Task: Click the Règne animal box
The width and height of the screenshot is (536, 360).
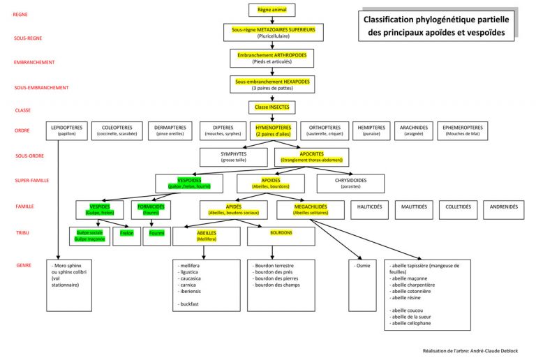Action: coord(271,10)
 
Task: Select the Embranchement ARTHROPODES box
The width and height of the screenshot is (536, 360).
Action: coord(271,58)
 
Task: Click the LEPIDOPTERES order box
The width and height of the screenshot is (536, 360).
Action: coord(67,130)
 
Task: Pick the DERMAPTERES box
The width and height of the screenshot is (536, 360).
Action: coord(170,130)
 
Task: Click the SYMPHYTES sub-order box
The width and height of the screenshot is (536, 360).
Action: coord(233,157)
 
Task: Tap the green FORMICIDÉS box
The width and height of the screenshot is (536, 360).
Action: coord(151,210)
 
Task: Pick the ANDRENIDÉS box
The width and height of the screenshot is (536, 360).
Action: coord(504,207)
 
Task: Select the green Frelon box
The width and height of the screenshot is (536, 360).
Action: coord(126,233)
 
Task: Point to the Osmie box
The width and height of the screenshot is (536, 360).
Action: coord(363,267)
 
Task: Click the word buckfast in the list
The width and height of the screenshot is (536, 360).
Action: coord(191,305)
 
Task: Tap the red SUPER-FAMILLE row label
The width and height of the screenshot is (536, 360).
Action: coord(32,181)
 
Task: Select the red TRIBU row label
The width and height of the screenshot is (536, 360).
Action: coord(22,232)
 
